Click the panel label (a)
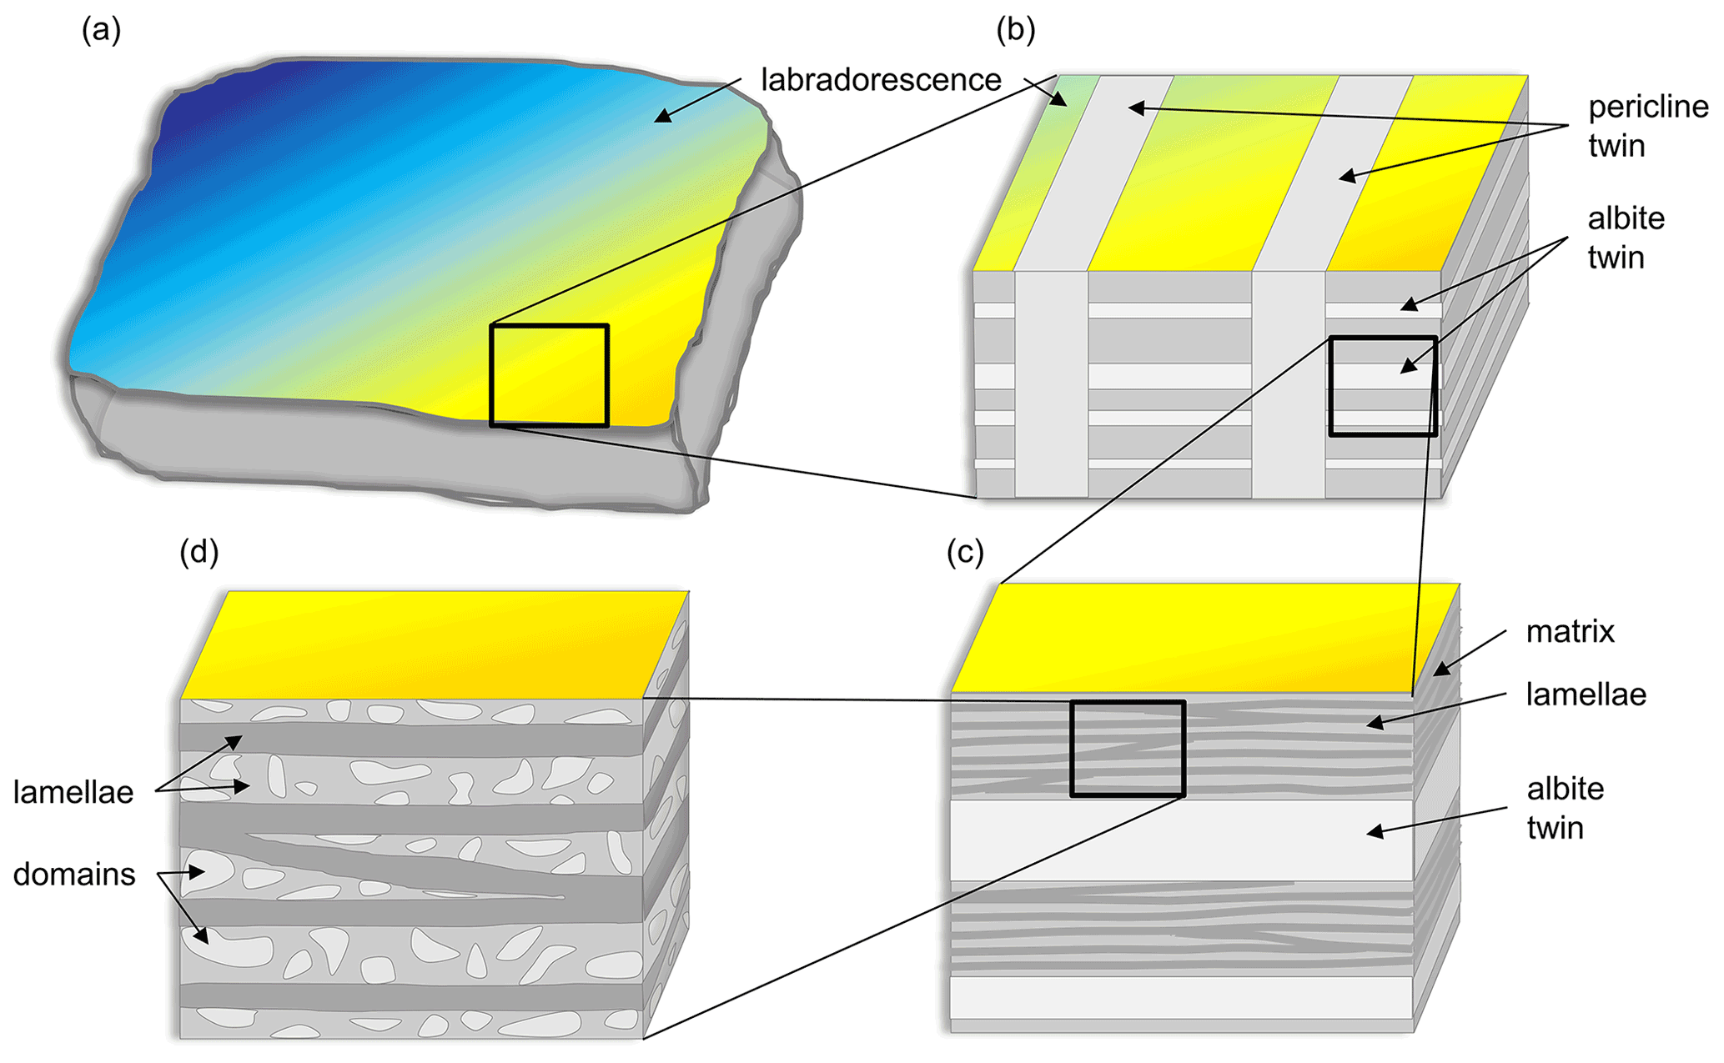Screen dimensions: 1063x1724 pyautogui.click(x=101, y=31)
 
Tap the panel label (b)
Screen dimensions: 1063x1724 pyautogui.click(x=1015, y=31)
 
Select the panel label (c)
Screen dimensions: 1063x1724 pyautogui.click(x=965, y=552)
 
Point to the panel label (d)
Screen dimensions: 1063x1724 pyautogui.click(x=199, y=552)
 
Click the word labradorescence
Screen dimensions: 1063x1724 pyautogui.click(x=881, y=80)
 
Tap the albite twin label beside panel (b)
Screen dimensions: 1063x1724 pyautogui.click(x=1626, y=238)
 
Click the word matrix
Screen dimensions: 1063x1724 pyautogui.click(x=1570, y=632)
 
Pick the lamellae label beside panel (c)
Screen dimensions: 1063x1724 pyautogui.click(x=1586, y=694)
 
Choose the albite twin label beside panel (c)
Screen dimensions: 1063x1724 pyautogui.click(x=1565, y=808)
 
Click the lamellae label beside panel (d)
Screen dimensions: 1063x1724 pyautogui.click(x=73, y=792)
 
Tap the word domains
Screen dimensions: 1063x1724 pyautogui.click(x=74, y=875)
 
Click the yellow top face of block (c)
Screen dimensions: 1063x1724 pyautogui.click(x=1201, y=638)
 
